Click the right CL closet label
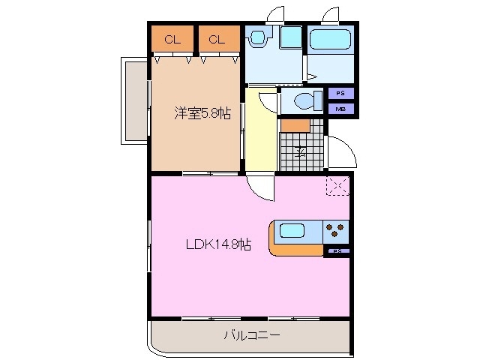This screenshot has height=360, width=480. pyautogui.click(x=217, y=40)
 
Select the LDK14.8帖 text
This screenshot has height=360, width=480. pyautogui.click(x=218, y=244)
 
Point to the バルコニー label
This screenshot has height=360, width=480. pyautogui.click(x=252, y=335)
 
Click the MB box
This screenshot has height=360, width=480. pyautogui.click(x=340, y=108)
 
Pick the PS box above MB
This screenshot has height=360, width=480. pyautogui.click(x=340, y=94)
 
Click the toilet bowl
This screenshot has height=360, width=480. pyautogui.click(x=304, y=100)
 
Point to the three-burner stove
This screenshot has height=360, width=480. pyautogui.click(x=335, y=229)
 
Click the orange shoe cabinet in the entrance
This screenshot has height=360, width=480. pyautogui.click(x=296, y=124)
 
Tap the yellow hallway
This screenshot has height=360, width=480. pyautogui.click(x=260, y=131)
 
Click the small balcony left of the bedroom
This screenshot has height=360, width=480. pyautogui.click(x=135, y=101)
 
